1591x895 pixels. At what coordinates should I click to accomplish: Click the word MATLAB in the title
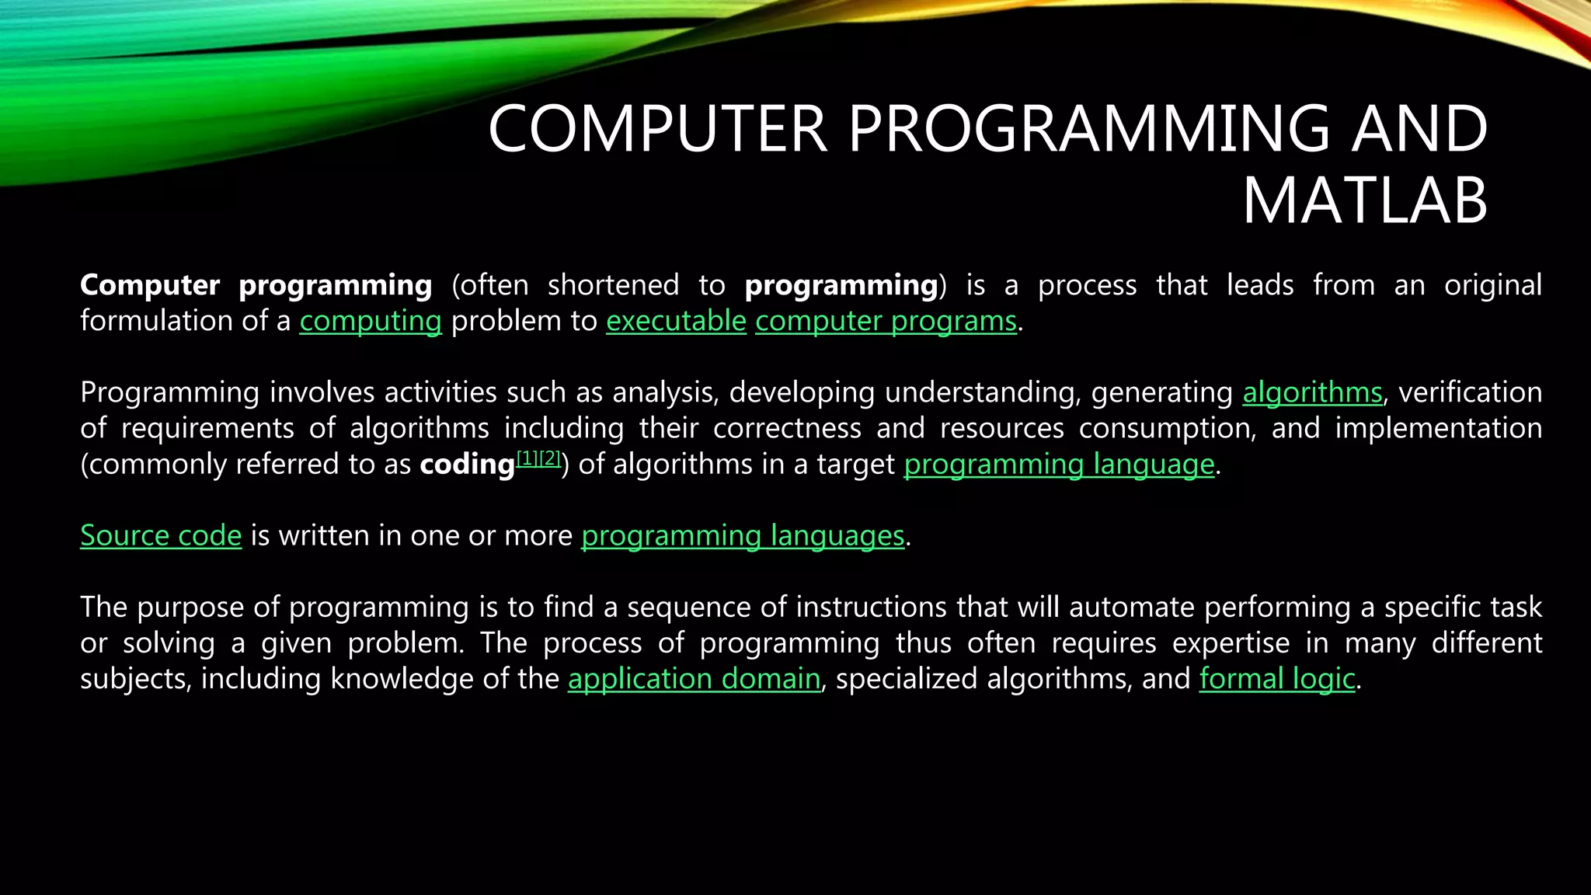(1365, 201)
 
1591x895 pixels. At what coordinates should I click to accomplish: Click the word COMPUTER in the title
(656, 130)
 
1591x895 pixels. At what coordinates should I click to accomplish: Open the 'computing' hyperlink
(370, 321)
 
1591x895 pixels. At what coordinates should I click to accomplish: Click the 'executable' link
(675, 321)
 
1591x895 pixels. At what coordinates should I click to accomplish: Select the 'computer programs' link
(886, 321)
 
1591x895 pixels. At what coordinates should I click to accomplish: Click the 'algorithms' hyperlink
(1312, 392)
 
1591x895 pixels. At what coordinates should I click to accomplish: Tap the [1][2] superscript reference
(538, 458)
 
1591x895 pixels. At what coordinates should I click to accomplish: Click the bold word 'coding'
(467, 465)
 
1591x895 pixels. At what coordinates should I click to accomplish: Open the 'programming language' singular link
(1059, 465)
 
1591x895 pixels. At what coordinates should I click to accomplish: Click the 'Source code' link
(161, 535)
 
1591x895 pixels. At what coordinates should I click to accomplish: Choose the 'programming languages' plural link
(743, 536)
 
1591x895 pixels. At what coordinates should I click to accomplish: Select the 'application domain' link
(694, 679)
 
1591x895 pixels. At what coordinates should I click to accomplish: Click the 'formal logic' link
(1276, 679)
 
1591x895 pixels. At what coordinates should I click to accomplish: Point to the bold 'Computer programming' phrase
(256, 285)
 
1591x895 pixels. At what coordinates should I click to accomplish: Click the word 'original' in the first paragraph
(1492, 285)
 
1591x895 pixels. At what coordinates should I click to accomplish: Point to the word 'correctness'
(787, 428)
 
